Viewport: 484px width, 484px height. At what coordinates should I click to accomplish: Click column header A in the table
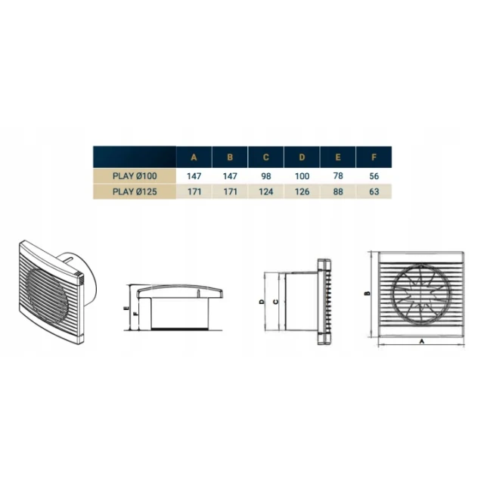pos(194,157)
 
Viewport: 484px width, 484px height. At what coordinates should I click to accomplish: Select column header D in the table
pos(302,157)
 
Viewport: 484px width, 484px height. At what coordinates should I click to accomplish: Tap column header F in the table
pos(374,157)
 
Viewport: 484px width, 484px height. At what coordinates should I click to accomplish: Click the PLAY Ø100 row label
pos(135,176)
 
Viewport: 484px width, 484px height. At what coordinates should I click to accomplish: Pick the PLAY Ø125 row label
pos(135,191)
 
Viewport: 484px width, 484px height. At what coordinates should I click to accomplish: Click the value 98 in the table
pos(265,176)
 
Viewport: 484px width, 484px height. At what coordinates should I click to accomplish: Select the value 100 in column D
pos(302,176)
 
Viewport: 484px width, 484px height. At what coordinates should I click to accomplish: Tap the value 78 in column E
pos(338,176)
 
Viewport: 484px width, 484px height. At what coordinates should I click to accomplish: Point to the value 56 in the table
pos(374,176)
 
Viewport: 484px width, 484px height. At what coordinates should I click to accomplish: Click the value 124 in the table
pos(265,191)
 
